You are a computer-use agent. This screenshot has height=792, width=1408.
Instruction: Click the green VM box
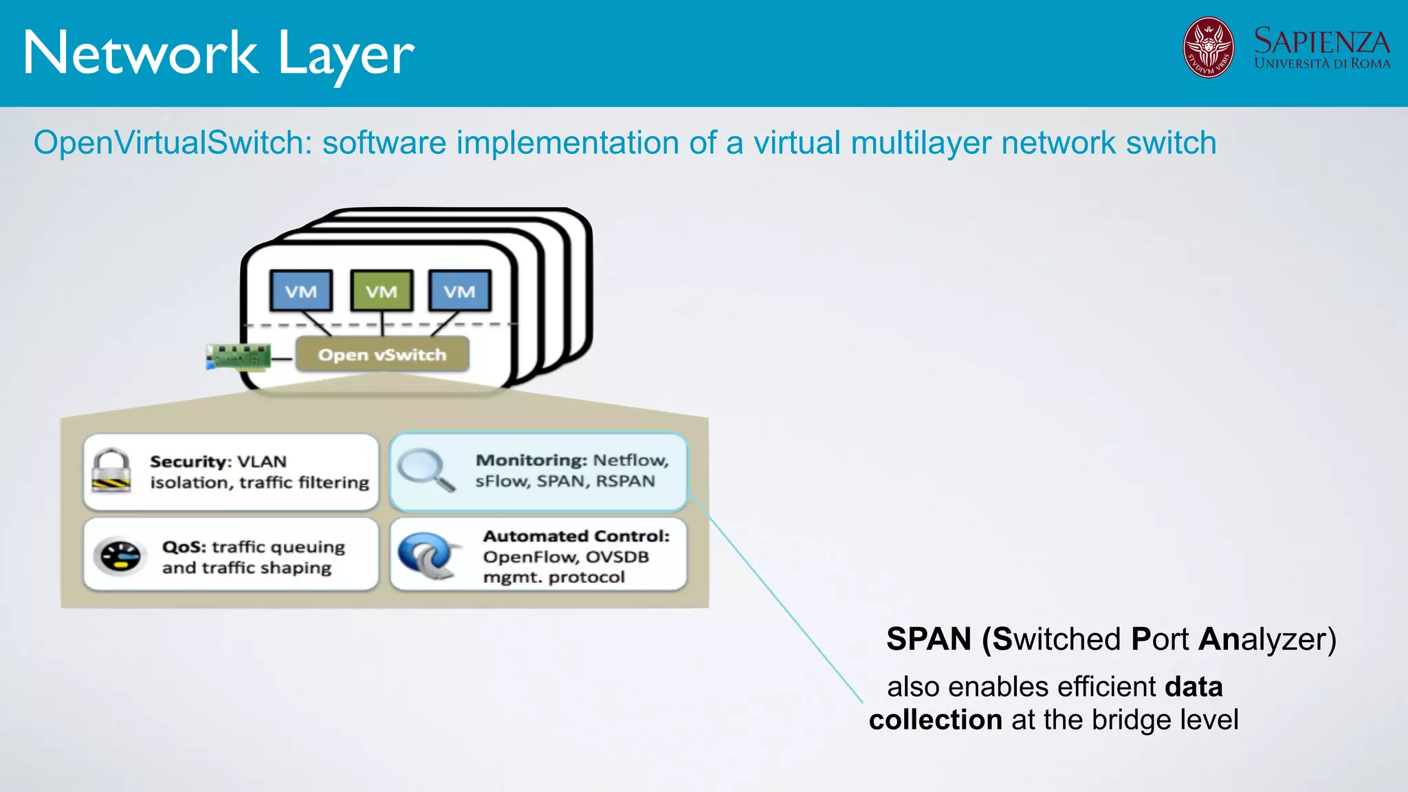click(x=382, y=291)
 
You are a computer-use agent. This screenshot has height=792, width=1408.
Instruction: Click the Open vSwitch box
click(x=382, y=355)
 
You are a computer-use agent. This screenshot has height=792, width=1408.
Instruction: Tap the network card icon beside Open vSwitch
click(x=239, y=357)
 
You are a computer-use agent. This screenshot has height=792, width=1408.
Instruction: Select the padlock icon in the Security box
click(x=111, y=471)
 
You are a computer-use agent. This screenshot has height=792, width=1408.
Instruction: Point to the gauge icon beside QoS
click(x=120, y=556)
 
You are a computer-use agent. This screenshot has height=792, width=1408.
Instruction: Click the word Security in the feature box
click(x=188, y=461)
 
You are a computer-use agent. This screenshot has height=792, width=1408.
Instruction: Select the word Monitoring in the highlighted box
click(x=531, y=460)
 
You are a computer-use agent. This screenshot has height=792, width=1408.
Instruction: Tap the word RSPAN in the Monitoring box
click(x=625, y=481)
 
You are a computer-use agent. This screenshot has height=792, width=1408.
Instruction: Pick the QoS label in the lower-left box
click(x=184, y=547)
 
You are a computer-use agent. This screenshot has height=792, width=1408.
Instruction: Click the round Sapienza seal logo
click(x=1208, y=47)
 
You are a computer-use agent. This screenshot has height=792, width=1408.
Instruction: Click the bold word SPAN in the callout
click(x=928, y=639)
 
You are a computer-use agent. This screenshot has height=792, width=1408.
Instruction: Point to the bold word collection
click(x=935, y=720)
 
